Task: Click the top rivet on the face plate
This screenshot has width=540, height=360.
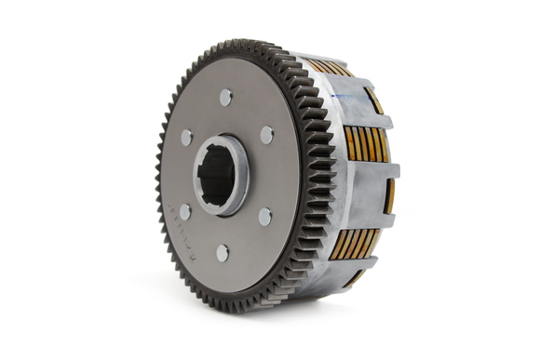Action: point(226,96)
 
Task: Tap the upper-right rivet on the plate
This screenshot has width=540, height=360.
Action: point(266,134)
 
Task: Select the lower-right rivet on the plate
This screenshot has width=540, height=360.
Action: point(265,216)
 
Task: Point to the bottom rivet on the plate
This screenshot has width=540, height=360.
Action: point(223,252)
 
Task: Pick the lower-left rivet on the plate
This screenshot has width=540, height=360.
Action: point(184,212)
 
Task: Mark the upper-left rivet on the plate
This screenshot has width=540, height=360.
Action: point(186,137)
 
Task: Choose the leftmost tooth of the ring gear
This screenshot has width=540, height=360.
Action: point(159,177)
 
